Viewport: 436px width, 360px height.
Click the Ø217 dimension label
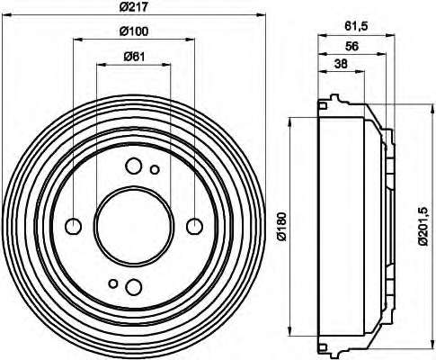(x=134, y=6)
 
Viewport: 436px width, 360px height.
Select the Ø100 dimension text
(x=134, y=31)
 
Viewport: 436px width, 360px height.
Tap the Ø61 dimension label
(x=134, y=57)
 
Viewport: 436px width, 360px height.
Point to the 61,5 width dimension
(x=356, y=26)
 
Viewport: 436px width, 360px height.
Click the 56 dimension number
(x=351, y=46)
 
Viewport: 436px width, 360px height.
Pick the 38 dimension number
(x=341, y=64)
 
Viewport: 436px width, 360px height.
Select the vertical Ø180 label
(x=282, y=227)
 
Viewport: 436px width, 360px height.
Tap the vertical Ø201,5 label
(x=423, y=227)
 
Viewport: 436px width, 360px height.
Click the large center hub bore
(x=134, y=227)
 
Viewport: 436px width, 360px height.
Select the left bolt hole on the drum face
(x=74, y=227)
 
